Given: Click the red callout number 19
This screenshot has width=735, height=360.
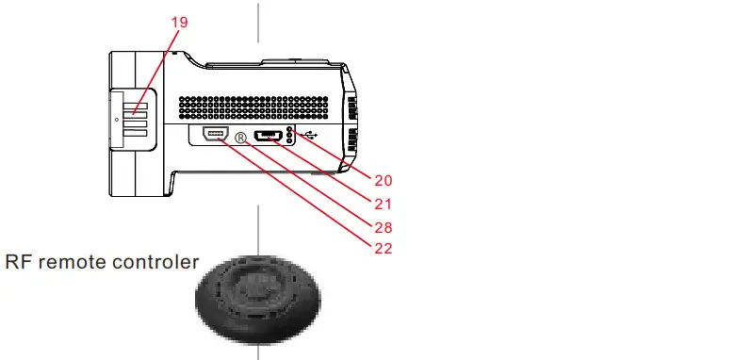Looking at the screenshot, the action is (x=179, y=21).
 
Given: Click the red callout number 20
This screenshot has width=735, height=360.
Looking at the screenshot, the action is (x=382, y=179).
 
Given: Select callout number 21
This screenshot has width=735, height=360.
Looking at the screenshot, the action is (x=382, y=203).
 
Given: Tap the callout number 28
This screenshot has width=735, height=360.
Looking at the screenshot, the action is (x=382, y=226).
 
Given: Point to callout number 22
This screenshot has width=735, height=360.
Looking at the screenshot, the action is (x=382, y=249).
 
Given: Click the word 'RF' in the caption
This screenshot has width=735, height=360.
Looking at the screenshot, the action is (x=19, y=262).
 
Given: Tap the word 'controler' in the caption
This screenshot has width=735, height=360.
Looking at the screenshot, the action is (x=155, y=262).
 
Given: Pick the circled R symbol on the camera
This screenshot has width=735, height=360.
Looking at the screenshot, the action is (x=240, y=138).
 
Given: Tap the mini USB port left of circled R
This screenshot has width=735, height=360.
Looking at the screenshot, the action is (x=213, y=134).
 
